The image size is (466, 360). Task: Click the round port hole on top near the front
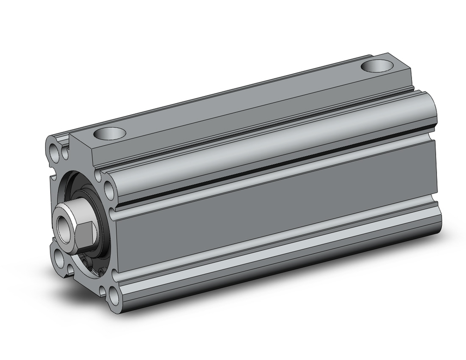(110, 134)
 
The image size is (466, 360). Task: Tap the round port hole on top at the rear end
(377, 66)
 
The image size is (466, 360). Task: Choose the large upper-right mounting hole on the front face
(109, 189)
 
